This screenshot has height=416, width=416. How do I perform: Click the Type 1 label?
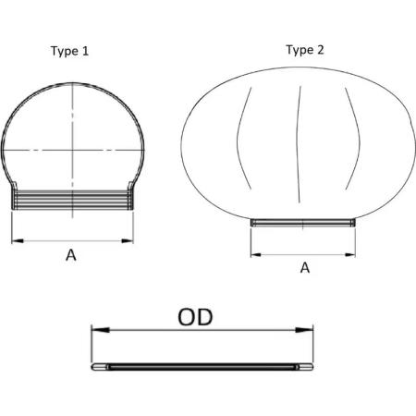pos(69,51)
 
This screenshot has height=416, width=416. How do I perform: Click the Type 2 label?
pos(305,50)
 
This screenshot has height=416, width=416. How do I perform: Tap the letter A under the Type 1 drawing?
pos(71,255)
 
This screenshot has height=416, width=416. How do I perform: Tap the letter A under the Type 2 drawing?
pos(305,267)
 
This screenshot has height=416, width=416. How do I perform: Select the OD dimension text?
pos(195,317)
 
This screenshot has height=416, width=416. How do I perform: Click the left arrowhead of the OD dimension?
pos(101,330)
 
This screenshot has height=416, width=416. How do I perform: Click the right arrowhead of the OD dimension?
pos(304,330)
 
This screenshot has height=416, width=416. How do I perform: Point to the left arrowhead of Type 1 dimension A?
pos(18,240)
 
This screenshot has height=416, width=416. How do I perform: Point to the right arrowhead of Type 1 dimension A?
pos(128,240)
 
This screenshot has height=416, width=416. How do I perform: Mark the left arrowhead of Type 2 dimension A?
pos(256,255)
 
